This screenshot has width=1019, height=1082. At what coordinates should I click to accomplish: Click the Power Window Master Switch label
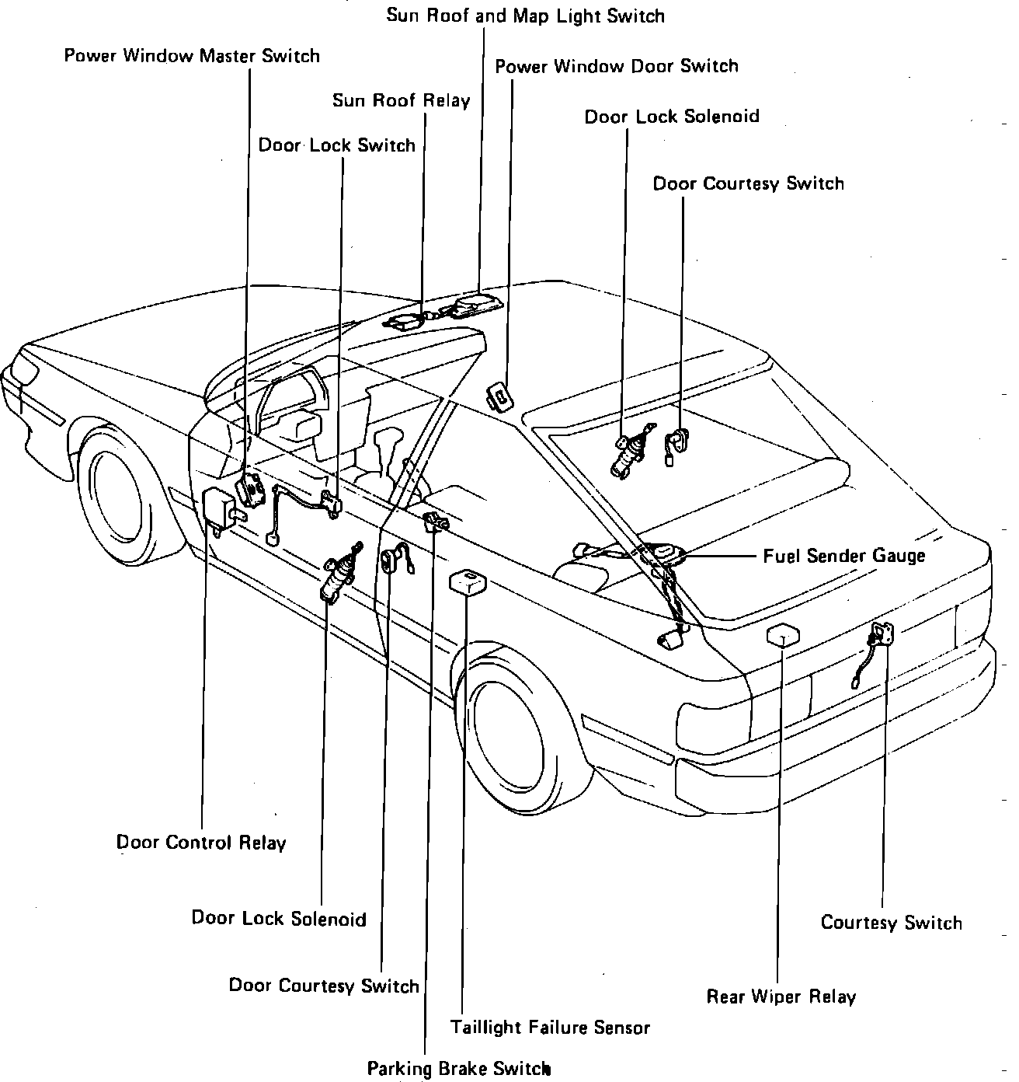coord(192,57)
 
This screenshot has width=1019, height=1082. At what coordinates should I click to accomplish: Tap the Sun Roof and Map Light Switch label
coord(526,16)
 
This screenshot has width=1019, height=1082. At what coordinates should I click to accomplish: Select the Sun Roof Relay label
coord(401,101)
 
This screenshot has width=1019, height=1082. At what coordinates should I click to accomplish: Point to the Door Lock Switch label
coord(336,146)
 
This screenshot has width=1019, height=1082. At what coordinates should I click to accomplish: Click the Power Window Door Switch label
coord(616,67)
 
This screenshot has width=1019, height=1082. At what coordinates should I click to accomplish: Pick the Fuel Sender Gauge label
coord(843,556)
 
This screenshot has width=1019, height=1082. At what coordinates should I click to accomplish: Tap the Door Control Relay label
coord(201,843)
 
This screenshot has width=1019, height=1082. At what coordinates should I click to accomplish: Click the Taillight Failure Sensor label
coord(550,1028)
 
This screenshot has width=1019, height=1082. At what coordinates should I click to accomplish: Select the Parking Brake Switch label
coord(458,1069)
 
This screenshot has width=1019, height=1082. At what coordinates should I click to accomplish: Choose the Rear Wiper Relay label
coord(781,997)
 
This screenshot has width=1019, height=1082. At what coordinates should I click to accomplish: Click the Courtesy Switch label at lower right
coord(891,923)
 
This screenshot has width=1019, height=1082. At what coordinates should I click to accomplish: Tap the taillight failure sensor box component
coord(468,581)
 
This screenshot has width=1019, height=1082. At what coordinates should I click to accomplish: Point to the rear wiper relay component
coord(781,634)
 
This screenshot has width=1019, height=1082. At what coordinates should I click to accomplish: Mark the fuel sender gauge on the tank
coord(665,553)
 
